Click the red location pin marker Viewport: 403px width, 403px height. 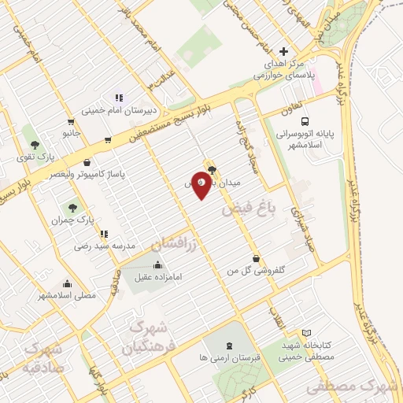[x=201, y=183]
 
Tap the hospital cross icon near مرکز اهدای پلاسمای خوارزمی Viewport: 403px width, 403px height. [x=283, y=51]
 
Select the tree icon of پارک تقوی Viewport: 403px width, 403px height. [x=35, y=144]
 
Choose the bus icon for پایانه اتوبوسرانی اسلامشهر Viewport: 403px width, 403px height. [x=282, y=135]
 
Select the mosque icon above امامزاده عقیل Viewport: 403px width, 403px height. [x=159, y=264]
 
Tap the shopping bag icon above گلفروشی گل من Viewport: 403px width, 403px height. [x=257, y=258]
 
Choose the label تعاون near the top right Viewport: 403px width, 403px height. [x=293, y=111]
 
